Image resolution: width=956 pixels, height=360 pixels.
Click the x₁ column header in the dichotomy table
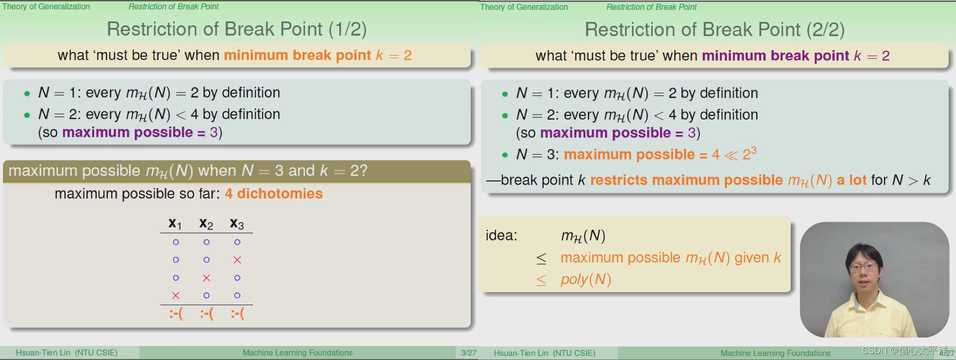pyautogui.click(x=175, y=223)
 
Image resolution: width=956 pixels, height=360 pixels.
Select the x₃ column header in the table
pyautogui.click(x=237, y=223)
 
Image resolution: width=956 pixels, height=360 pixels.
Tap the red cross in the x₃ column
pyautogui.click(x=237, y=260)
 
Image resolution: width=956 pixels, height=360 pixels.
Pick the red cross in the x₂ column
pyautogui.click(x=206, y=277)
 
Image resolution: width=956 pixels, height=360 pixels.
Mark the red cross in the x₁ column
pyautogui.click(x=175, y=295)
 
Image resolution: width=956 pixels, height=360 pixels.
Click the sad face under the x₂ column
pyautogui.click(x=206, y=313)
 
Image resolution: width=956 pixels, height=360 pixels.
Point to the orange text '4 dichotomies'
pyautogui.click(x=273, y=193)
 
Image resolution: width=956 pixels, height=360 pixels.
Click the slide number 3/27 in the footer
pyautogui.click(x=468, y=352)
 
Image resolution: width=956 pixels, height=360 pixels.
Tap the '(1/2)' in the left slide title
pyautogui.click(x=347, y=29)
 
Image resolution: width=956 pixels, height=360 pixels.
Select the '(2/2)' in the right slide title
pyautogui.click(x=825, y=29)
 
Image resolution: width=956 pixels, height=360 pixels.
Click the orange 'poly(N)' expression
pyautogui.click(x=585, y=279)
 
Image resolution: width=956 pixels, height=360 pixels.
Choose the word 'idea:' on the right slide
pyautogui.click(x=501, y=235)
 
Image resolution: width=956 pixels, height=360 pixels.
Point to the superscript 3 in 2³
pyautogui.click(x=753, y=149)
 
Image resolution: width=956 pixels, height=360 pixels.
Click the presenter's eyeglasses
pyautogui.click(x=863, y=266)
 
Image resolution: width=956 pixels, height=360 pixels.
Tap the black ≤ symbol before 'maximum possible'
pyautogui.click(x=541, y=258)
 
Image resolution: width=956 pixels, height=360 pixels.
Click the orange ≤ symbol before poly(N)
pyautogui.click(x=541, y=280)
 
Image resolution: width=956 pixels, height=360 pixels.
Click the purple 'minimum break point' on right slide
pyautogui.click(x=775, y=55)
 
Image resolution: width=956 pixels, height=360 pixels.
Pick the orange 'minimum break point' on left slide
pyautogui.click(x=297, y=55)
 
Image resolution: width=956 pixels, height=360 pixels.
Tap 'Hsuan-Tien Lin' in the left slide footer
pyautogui.click(x=43, y=352)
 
